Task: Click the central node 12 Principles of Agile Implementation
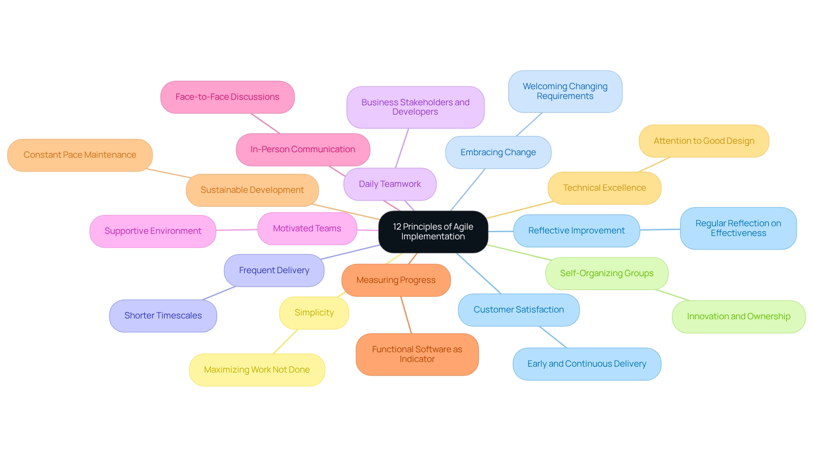click(x=433, y=232)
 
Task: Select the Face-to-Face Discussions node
click(x=227, y=97)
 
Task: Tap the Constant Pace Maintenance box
click(x=80, y=155)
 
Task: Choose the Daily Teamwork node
click(x=390, y=184)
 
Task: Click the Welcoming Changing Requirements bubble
click(x=565, y=91)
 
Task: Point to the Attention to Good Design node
click(x=704, y=141)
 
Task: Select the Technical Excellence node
click(x=604, y=188)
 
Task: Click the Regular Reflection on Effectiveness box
click(x=738, y=228)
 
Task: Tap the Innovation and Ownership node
click(x=738, y=317)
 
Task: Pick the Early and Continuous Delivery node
click(x=586, y=364)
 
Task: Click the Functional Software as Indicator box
click(x=417, y=354)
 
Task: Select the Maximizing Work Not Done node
click(x=257, y=370)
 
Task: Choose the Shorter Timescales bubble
click(x=163, y=316)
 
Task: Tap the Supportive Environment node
click(x=153, y=231)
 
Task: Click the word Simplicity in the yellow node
click(x=314, y=313)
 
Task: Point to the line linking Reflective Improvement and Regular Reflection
click(x=660, y=230)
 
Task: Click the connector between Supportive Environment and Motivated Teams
click(x=237, y=230)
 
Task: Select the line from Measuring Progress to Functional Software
click(x=406, y=315)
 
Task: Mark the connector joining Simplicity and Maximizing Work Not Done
click(x=286, y=342)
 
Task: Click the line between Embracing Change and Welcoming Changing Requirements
click(x=529, y=124)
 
